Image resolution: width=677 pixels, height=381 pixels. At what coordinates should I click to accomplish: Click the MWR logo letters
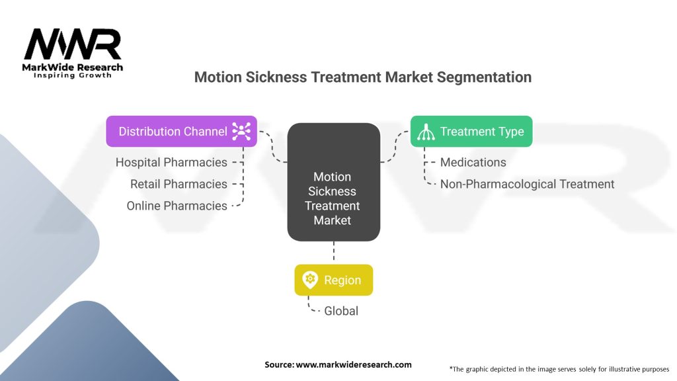[x=73, y=45]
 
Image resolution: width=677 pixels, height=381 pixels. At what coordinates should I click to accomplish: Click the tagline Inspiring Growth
[x=73, y=75]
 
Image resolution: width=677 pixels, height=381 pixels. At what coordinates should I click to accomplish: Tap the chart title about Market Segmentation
[x=362, y=77]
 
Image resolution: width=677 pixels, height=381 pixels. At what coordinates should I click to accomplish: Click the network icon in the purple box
[x=241, y=132]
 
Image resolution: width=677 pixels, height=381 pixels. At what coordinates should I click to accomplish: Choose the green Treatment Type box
[x=471, y=132]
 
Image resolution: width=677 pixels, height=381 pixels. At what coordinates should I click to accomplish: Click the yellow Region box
[x=333, y=280]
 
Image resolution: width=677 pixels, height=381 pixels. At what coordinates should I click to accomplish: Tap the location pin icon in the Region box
[x=309, y=280]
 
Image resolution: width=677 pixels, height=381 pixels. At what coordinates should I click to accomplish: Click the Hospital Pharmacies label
[x=171, y=162]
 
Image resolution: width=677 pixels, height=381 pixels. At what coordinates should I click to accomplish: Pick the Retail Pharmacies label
[x=179, y=184]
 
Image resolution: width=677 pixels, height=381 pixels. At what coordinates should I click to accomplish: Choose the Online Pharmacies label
[x=177, y=206]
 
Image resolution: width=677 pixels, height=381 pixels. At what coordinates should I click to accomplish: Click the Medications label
[x=473, y=162]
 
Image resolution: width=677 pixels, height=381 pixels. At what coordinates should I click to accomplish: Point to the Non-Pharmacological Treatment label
[x=527, y=184]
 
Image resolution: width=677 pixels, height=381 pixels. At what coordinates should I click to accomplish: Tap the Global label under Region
[x=341, y=311]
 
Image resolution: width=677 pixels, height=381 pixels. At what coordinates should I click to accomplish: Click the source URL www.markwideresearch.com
[x=354, y=364]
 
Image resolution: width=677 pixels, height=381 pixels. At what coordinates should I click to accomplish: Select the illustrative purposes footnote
[x=559, y=368]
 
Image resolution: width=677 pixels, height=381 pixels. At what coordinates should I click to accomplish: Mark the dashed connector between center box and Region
[x=333, y=252]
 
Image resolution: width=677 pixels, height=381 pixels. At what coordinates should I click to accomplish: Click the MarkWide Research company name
[x=73, y=67]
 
